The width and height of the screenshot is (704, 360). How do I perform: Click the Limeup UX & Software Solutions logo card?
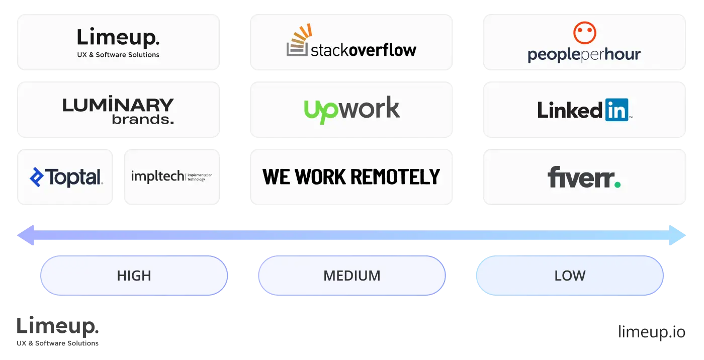pyautogui.click(x=118, y=42)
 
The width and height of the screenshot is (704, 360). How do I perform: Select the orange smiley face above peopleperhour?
pyautogui.click(x=584, y=33)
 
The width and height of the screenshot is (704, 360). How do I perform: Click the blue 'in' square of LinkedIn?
pyautogui.click(x=617, y=110)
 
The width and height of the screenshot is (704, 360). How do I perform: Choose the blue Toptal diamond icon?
pyautogui.click(x=37, y=177)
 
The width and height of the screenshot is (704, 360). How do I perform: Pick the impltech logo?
pyautogui.click(x=171, y=176)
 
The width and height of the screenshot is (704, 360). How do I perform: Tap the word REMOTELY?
pyautogui.click(x=395, y=177)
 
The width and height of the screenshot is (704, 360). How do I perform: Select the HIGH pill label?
pyautogui.click(x=134, y=276)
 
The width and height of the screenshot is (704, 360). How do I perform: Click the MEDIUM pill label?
pyautogui.click(x=351, y=276)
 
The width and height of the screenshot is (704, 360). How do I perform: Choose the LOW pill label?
pyautogui.click(x=569, y=276)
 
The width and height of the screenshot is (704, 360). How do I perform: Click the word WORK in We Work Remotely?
pyautogui.click(x=321, y=177)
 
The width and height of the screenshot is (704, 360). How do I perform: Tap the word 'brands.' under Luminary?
pyautogui.click(x=143, y=120)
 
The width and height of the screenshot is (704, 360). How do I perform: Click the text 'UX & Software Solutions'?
pyautogui.click(x=118, y=55)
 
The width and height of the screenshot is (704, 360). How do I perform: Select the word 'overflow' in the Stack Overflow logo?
pyautogui.click(x=382, y=50)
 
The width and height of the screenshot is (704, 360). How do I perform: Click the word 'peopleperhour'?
pyautogui.click(x=584, y=54)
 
